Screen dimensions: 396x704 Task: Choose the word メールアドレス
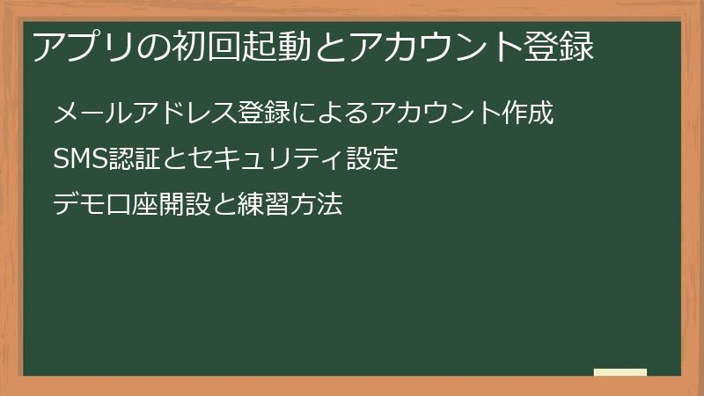pos(131,114)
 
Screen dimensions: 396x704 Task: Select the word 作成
pos(529,114)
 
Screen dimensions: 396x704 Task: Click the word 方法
pos(316,205)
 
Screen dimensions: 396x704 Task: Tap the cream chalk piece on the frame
pos(620,372)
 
